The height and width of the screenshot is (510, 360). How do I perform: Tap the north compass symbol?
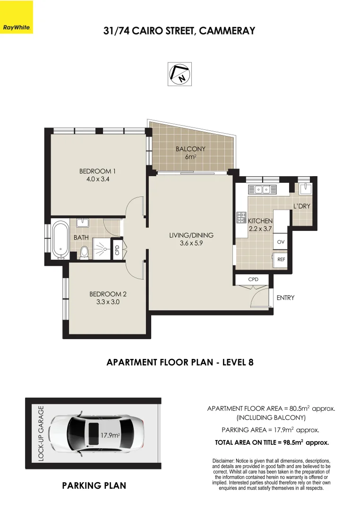pyautogui.click(x=180, y=74)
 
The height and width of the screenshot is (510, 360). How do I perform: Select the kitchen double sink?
pyautogui.click(x=262, y=189)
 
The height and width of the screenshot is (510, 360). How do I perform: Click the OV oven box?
pyautogui.click(x=281, y=242)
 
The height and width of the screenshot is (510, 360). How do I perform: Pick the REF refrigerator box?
pyautogui.click(x=281, y=259)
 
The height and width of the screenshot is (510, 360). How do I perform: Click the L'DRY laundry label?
pyautogui.click(x=301, y=206)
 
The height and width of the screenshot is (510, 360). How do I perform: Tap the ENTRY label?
pyautogui.click(x=285, y=297)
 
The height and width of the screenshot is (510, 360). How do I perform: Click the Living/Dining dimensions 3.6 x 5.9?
pyautogui.click(x=191, y=244)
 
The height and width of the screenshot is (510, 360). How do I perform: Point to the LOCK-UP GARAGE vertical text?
pyautogui.click(x=41, y=433)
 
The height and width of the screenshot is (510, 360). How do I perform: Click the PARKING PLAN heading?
pyautogui.click(x=94, y=485)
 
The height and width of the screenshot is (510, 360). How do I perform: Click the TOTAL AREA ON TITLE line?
pyautogui.click(x=272, y=443)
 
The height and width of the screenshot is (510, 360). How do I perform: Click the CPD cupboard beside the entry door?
pyautogui.click(x=253, y=280)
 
